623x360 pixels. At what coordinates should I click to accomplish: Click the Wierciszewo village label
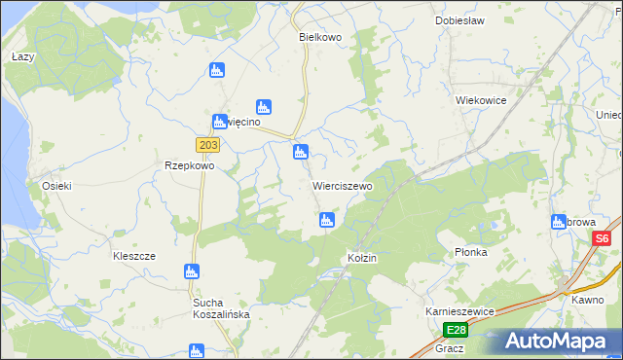342,185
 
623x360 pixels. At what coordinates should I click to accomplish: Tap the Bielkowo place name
319,36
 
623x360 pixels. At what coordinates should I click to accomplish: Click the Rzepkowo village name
189,165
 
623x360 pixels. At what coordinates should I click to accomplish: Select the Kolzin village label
361,258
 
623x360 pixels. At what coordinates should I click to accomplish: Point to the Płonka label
470,252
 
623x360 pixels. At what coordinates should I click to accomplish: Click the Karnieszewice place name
460,311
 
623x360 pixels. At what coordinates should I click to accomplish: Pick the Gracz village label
451,347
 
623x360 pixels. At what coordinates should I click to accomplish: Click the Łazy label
22,57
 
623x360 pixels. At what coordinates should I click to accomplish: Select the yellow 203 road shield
207,145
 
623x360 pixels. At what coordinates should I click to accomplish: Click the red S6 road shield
603,239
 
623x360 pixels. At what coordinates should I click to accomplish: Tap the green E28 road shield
456,330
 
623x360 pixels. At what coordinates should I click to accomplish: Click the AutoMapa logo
555,342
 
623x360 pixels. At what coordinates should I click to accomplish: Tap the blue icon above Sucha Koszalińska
193,271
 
